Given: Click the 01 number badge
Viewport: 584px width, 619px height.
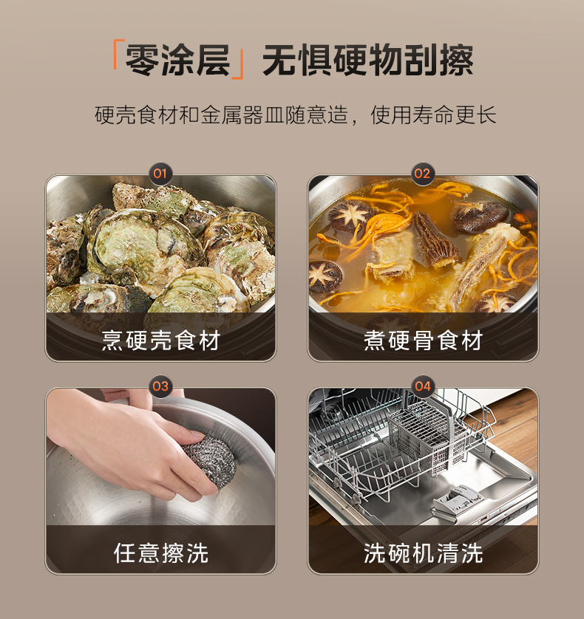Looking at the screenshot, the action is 160,174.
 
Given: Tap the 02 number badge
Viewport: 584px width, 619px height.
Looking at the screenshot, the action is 422,174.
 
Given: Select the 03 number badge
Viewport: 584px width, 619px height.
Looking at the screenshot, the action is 160,386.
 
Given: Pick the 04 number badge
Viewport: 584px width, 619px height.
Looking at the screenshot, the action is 422,386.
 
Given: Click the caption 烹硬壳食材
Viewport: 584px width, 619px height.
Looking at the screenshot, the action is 161,341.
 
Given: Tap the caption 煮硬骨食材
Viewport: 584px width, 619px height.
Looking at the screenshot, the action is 423,341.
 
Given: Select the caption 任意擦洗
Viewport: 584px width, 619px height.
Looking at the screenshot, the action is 161,553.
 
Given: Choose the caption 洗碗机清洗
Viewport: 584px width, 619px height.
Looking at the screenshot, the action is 423,553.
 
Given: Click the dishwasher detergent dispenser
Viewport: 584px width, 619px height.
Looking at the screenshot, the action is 458,499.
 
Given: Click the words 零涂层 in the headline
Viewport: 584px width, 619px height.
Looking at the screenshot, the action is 178,60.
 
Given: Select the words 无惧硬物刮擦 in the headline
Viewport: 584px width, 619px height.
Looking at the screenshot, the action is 368,60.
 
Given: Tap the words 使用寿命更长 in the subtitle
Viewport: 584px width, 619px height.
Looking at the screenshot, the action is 433,115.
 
